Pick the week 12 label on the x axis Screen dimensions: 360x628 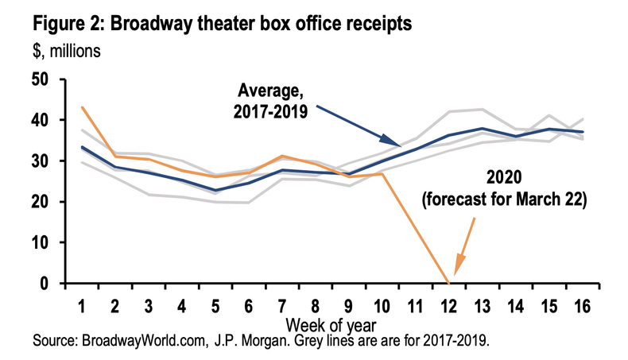450,304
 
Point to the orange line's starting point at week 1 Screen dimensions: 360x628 83,107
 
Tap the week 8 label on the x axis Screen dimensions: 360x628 316,304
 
